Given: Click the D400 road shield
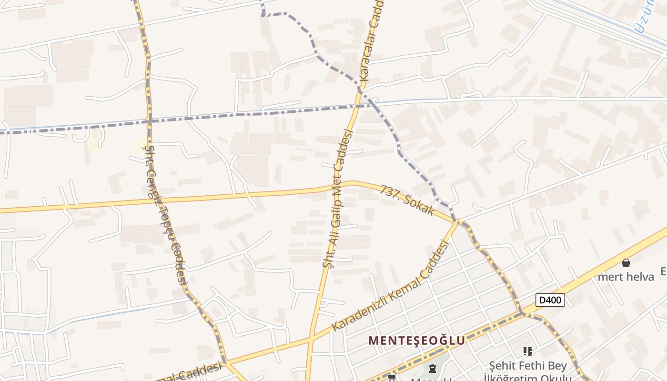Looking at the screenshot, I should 550,300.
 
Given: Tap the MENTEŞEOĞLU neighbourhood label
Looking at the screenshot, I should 417,341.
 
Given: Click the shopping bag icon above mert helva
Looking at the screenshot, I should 626,263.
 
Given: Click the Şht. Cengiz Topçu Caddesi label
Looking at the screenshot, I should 165,214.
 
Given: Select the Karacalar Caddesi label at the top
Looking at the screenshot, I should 371,40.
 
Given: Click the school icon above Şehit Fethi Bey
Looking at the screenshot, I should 527,351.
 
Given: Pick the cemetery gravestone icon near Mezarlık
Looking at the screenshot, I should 433,368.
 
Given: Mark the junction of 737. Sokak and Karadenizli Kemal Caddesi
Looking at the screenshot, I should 458,221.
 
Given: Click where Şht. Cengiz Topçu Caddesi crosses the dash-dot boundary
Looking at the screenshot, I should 149,121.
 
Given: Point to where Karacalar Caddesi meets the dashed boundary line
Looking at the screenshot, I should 360,90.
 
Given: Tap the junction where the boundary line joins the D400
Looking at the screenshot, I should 521,313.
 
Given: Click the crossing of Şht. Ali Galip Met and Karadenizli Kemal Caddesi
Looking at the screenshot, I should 312,339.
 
